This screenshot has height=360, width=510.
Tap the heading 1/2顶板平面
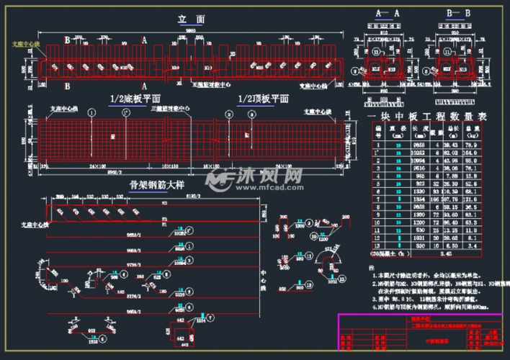coord(263,99)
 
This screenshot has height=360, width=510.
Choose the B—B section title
coord(458,14)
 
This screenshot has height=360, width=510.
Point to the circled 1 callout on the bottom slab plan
coord(91,113)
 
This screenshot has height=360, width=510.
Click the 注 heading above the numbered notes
coord(373,266)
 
